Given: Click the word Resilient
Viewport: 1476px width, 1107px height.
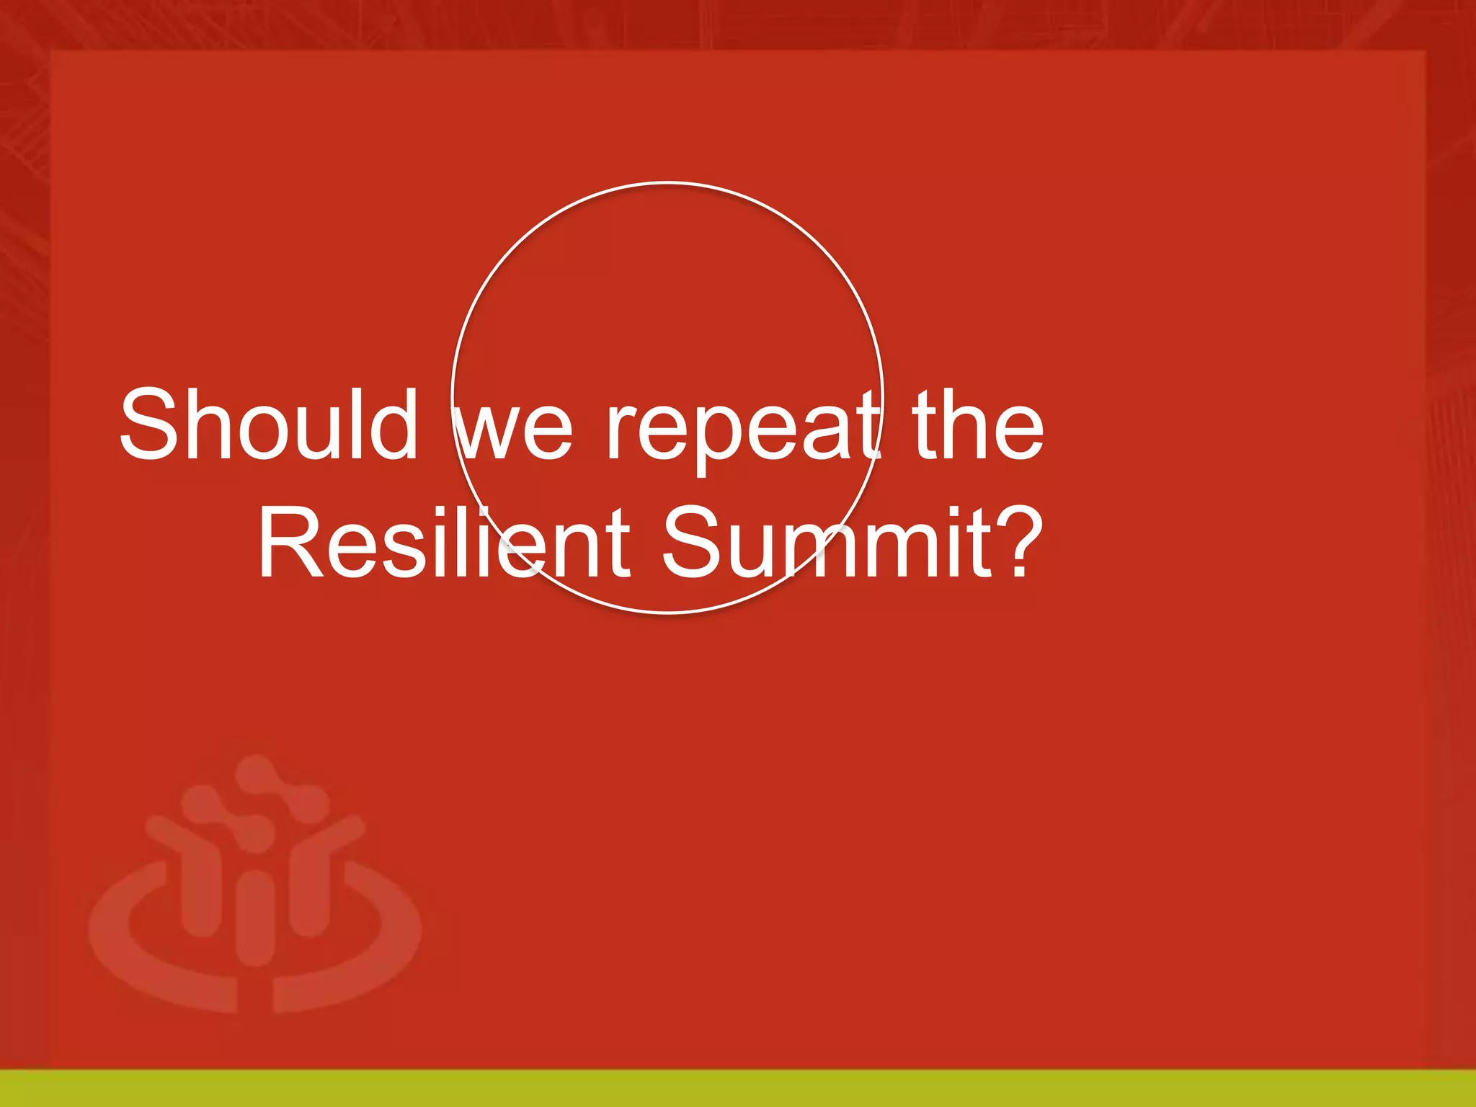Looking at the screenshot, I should click(x=444, y=542).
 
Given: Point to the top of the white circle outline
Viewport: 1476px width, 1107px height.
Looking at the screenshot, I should click(x=667, y=183).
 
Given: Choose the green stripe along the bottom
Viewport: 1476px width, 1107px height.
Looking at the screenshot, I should click(x=738, y=1088).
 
